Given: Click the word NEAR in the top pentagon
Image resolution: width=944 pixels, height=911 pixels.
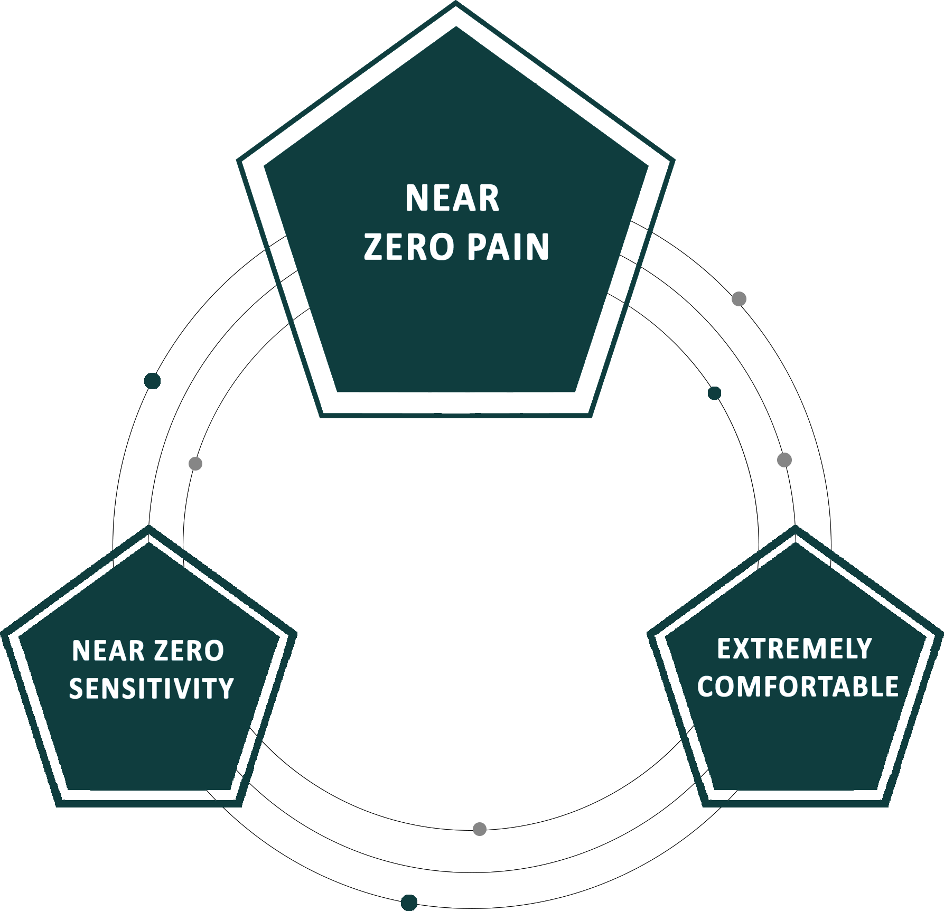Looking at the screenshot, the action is [452, 198].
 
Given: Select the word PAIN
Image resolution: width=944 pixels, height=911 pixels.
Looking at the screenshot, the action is [509, 247].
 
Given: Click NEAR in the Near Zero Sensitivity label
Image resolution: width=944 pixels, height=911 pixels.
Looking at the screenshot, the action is [108, 651].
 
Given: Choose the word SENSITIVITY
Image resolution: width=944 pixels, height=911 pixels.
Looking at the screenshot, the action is [151, 689].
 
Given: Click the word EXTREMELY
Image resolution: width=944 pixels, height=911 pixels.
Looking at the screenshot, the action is [794, 649].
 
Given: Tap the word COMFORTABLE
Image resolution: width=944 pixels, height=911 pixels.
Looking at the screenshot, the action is [798, 687].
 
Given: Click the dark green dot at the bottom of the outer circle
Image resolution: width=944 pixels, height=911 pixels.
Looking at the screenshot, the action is [409, 903].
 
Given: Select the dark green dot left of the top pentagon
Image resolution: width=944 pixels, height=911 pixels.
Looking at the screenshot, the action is [152, 381].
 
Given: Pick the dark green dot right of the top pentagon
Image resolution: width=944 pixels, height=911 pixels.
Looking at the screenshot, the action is [714, 393].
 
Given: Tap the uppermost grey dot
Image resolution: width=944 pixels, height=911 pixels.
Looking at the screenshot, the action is [739, 299].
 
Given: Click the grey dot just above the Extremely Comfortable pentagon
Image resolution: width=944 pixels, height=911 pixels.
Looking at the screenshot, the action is [784, 460].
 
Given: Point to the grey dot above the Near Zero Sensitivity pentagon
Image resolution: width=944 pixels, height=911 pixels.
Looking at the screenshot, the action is [195, 464].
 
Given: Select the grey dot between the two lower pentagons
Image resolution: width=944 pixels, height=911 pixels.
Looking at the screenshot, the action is [480, 829].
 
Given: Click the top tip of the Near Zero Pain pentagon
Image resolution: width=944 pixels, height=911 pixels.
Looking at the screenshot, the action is [456, 2].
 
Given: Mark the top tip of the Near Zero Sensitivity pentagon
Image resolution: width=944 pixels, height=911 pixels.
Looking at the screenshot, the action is [149, 525].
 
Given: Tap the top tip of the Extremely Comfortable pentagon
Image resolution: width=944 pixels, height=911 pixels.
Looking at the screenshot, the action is [796, 525].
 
